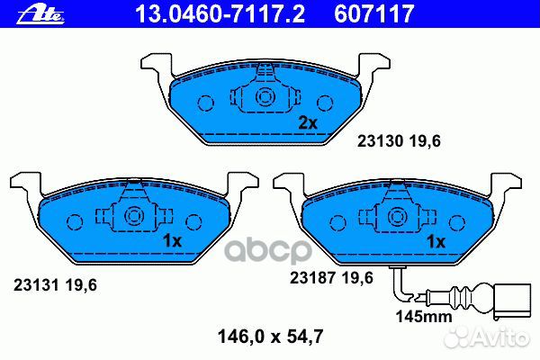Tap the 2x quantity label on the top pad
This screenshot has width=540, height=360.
coord(308,123)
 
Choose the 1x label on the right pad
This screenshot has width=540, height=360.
coord(436,241)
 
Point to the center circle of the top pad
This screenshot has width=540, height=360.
coord(265,98)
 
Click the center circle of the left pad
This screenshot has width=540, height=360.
coord(134,216)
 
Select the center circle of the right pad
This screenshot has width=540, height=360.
coord(397,216)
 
